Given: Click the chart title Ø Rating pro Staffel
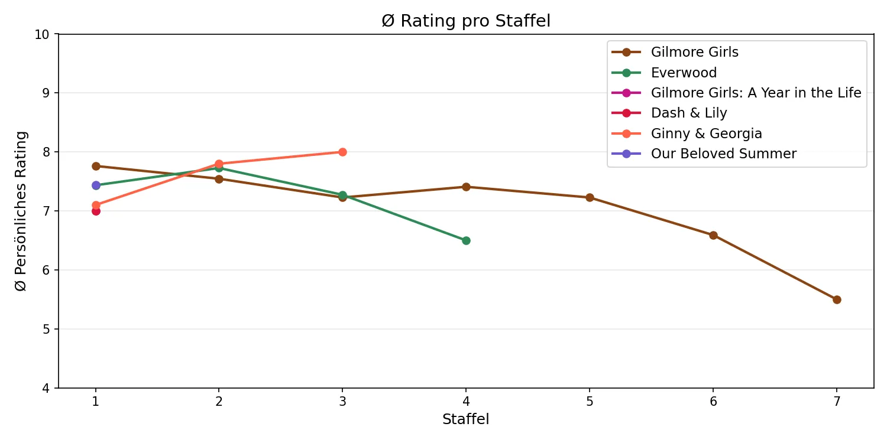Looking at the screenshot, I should click(466, 21).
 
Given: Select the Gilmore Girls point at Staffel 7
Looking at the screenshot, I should click(837, 299).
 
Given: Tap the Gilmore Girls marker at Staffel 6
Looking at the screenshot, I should click(713, 235).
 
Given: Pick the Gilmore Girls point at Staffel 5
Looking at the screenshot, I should click(590, 197).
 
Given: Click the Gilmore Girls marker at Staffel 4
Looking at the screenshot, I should click(466, 187).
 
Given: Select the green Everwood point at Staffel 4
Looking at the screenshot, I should click(466, 240).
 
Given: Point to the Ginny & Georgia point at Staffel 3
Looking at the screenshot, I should click(342, 152).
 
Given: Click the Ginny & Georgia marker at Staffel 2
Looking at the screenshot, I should click(219, 164).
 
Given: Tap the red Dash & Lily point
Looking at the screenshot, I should click(96, 211).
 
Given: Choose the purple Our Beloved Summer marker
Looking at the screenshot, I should click(96, 185).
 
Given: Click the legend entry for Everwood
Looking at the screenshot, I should click(684, 73).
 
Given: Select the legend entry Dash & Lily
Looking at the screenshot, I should click(689, 113).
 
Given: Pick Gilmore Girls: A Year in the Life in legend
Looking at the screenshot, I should click(756, 93).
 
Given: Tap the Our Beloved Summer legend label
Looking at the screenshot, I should click(723, 154).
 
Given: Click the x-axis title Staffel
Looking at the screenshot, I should click(466, 419).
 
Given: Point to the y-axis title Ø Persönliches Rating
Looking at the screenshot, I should click(21, 211).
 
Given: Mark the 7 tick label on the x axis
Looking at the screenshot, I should click(837, 402).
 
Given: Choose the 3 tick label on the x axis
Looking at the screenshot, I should click(342, 402).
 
